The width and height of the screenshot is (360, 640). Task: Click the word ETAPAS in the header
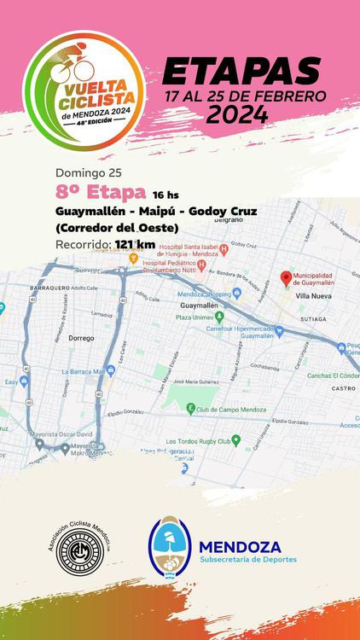pos(241,72)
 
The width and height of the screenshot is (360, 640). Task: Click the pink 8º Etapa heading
pos(90,191)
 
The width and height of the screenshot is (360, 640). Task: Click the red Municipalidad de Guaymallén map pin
pos(287,277)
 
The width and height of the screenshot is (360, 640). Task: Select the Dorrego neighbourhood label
pos(80,338)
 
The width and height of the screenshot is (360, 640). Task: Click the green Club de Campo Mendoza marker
pos(191,409)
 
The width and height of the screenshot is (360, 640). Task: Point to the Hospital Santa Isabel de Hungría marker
pos(224,251)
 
